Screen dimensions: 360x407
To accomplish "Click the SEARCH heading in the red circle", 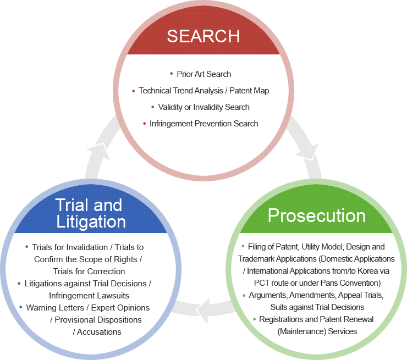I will click(x=203, y=36).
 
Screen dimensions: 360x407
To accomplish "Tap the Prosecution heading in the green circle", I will click(x=316, y=215).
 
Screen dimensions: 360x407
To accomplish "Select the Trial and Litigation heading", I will click(x=90, y=213).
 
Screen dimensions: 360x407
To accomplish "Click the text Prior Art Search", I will click(x=204, y=74).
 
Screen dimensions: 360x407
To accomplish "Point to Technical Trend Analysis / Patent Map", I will click(x=204, y=90).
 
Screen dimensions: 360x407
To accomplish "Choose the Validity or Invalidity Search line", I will click(x=204, y=107).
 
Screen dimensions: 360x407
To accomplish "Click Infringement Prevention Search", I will click(x=204, y=124).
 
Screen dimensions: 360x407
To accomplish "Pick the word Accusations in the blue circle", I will click(x=99, y=332).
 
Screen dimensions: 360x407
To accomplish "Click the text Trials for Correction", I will click(x=89, y=271).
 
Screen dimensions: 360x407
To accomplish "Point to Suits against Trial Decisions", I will click(x=317, y=307).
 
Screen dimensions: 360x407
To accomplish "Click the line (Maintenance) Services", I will click(x=317, y=331).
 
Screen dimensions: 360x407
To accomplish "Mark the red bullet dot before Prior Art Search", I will click(x=172, y=73).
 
